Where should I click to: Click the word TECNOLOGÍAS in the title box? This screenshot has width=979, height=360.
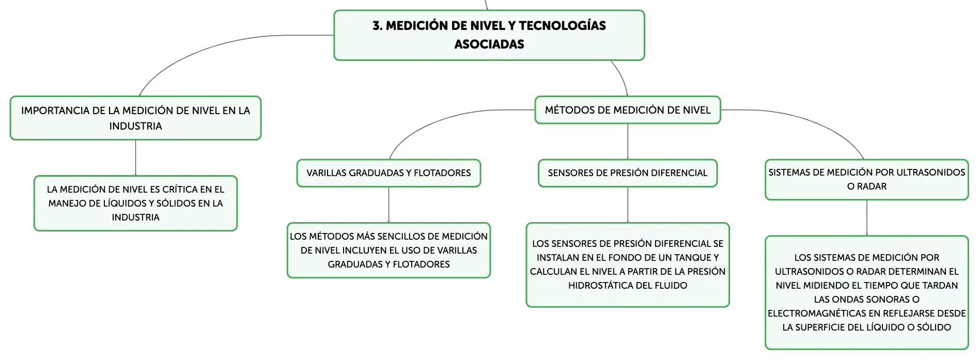pyautogui.click(x=562, y=25)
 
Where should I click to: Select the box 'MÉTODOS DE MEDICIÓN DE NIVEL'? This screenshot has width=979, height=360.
pyautogui.click(x=628, y=110)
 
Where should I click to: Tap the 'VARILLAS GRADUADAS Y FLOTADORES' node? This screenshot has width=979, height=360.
pyautogui.click(x=389, y=173)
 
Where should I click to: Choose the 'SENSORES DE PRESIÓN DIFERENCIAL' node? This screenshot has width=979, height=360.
pyautogui.click(x=628, y=173)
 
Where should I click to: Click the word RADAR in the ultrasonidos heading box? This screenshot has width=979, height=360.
pyautogui.click(x=872, y=186)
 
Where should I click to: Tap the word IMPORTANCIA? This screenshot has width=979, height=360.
pyautogui.click(x=55, y=111)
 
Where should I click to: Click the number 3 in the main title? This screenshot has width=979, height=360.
pyautogui.click(x=377, y=25)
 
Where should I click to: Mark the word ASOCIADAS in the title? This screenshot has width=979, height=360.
pyautogui.click(x=489, y=44)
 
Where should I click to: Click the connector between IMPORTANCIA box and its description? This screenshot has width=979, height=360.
pyautogui.click(x=135, y=158)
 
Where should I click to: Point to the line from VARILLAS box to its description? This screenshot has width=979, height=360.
pyautogui.click(x=389, y=205)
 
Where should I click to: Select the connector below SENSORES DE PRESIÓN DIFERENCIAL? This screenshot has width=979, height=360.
pyautogui.click(x=628, y=205)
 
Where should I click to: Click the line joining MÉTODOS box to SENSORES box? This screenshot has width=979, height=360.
pyautogui.click(x=628, y=142)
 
